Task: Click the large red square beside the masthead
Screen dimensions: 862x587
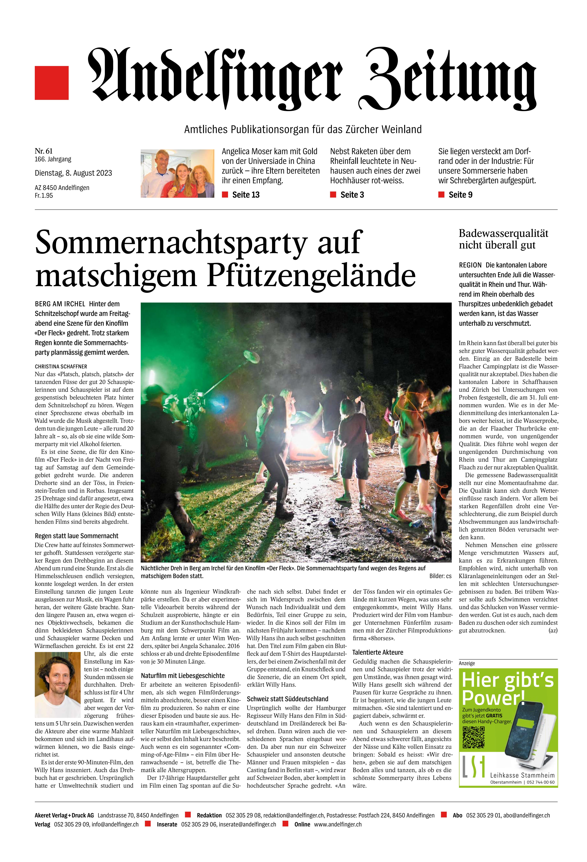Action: point(52,83)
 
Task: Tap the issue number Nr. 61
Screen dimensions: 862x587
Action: point(44,151)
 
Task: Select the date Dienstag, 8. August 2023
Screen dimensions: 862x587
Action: point(73,173)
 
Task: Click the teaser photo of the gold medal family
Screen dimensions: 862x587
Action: point(177,173)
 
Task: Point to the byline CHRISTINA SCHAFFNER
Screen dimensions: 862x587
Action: point(61,366)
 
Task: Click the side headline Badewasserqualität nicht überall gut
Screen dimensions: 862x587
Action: point(503,239)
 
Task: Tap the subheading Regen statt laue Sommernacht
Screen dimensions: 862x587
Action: point(76,536)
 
